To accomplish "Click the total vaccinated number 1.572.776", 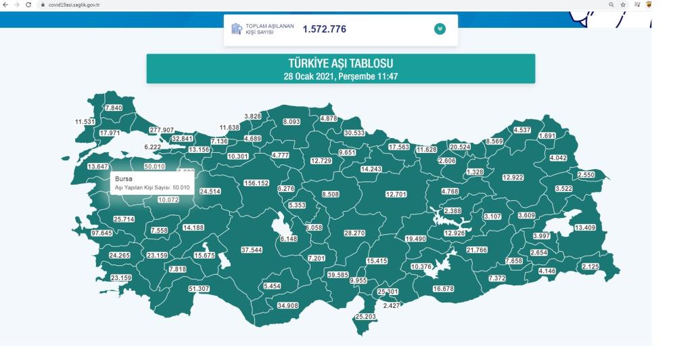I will tap(325, 29).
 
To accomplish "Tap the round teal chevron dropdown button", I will tap(440, 29).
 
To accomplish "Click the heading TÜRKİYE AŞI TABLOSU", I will tap(340, 64).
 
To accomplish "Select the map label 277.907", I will tap(162, 129).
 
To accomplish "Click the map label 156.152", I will tap(256, 183).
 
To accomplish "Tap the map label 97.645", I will tap(101, 233).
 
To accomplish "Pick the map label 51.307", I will tap(199, 289).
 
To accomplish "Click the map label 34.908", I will tap(287, 306).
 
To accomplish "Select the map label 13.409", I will tap(584, 227).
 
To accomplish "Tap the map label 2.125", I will tap(590, 267).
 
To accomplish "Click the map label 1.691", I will tap(546, 136).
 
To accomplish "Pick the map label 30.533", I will tap(354, 133).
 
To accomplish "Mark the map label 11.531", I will tap(85, 122).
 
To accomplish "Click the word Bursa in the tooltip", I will tap(124, 179).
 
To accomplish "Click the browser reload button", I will tap(29, 5).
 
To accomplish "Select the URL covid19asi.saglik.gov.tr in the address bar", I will tap(71, 5).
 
